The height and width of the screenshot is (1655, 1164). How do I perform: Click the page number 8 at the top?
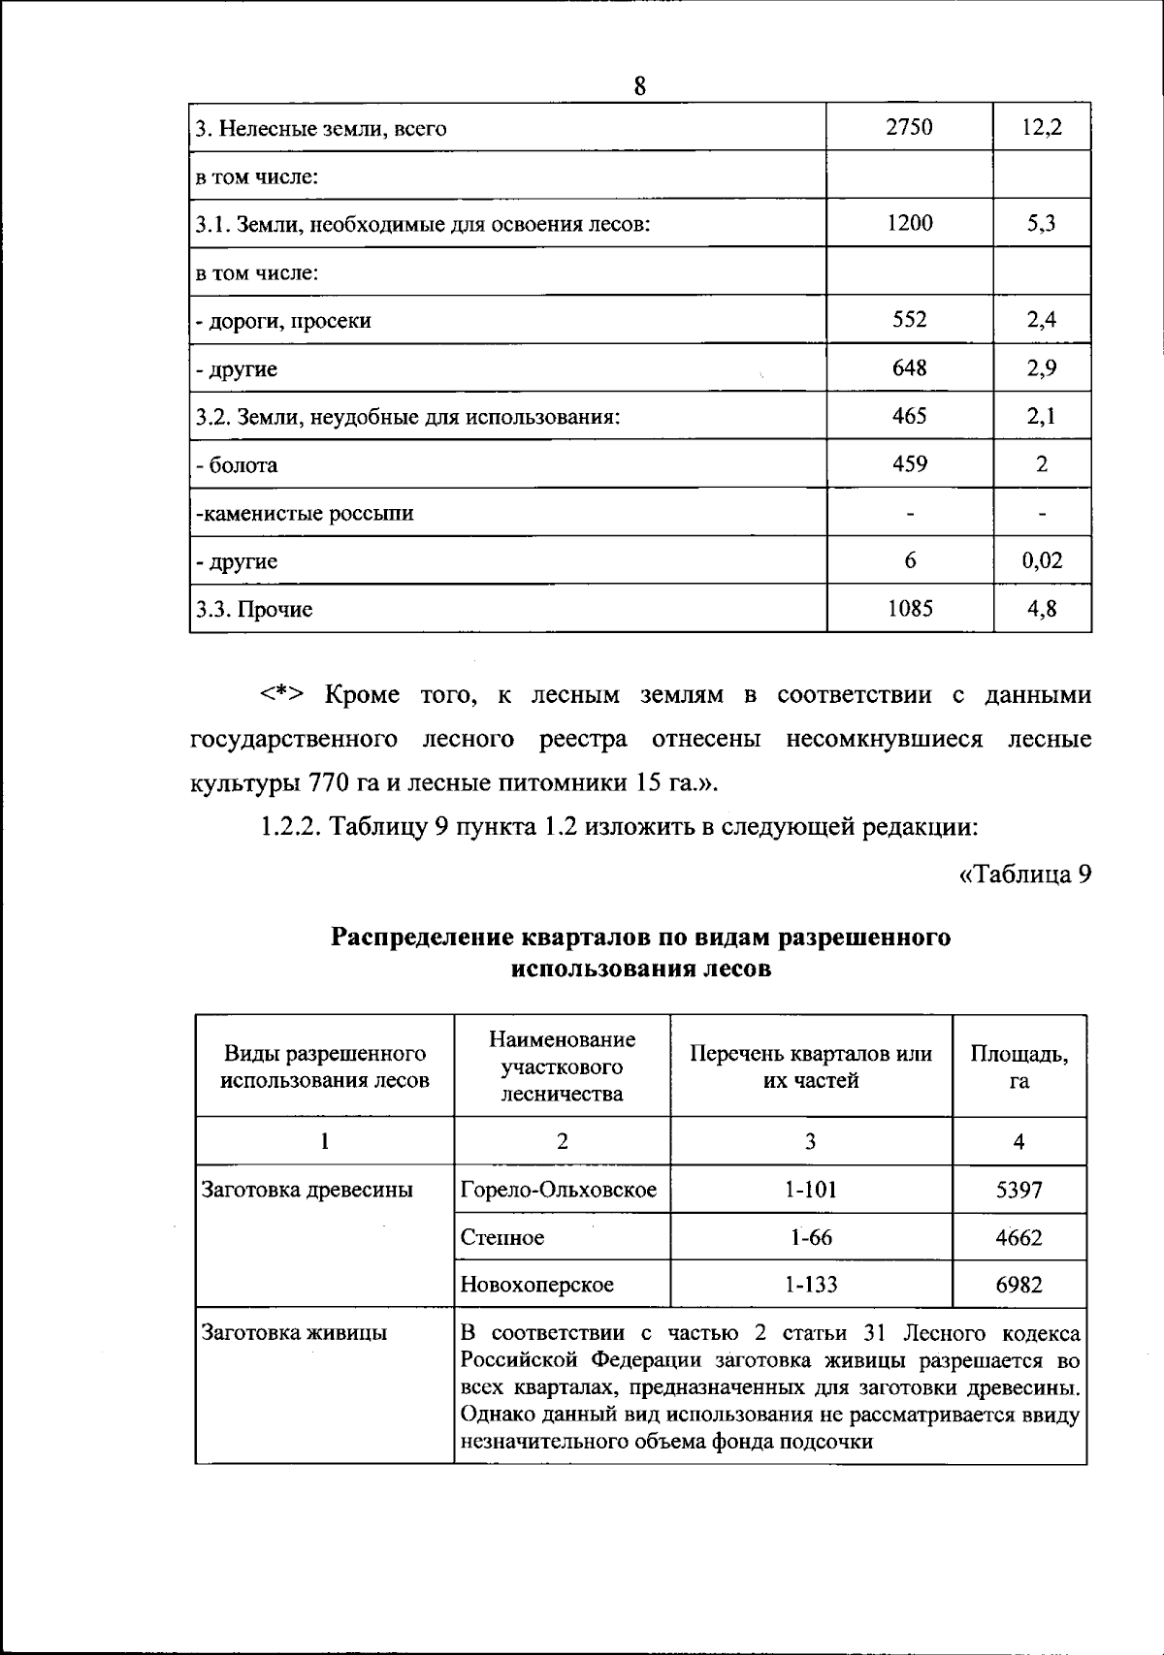click(x=640, y=86)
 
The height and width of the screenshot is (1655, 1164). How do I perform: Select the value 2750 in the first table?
click(x=909, y=127)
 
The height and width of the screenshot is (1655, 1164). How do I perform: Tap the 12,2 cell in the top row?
click(x=1042, y=127)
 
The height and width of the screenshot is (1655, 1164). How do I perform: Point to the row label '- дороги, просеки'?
click(x=283, y=321)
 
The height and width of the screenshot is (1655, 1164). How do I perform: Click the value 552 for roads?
click(x=909, y=319)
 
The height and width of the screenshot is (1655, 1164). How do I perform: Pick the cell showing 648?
click(x=909, y=367)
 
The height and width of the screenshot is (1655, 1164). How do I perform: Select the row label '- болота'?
click(x=237, y=465)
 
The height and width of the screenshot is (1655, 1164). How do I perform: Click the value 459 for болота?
click(x=909, y=463)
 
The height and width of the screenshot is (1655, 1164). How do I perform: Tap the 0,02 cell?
click(x=1042, y=560)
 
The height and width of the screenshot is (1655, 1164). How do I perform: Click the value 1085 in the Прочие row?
click(x=909, y=609)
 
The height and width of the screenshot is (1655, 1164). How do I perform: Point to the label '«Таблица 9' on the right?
click(x=1025, y=875)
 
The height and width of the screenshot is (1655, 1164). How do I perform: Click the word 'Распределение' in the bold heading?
click(x=423, y=938)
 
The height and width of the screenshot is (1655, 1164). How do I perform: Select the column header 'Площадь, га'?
click(x=1018, y=1066)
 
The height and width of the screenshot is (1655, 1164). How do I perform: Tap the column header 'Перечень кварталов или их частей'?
click(x=811, y=1066)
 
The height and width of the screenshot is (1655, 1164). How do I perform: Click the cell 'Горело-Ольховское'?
click(x=559, y=1190)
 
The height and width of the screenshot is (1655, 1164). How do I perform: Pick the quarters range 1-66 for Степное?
click(x=811, y=1237)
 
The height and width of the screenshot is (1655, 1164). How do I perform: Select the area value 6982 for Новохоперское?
click(x=1018, y=1285)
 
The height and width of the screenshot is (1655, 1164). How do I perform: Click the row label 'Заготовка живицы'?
click(x=294, y=1333)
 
